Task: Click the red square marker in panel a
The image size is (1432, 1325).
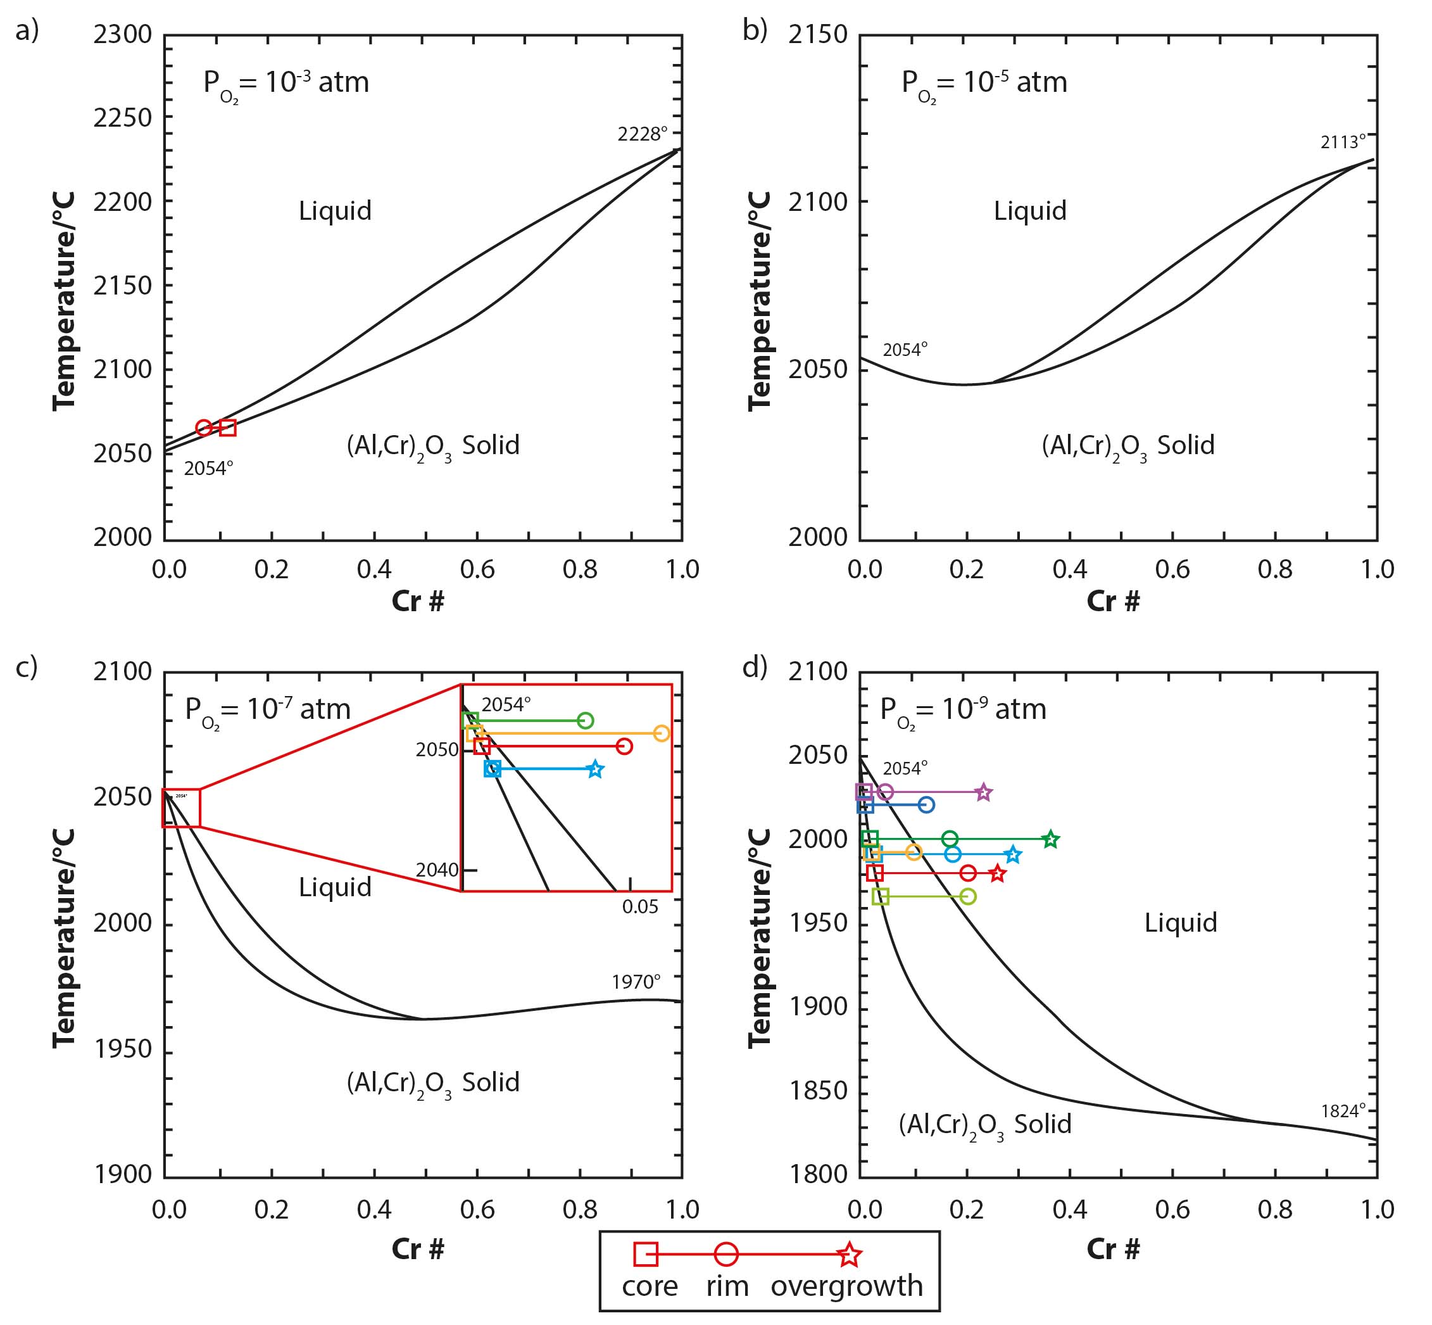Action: coord(228,428)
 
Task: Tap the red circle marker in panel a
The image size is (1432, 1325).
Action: coord(204,428)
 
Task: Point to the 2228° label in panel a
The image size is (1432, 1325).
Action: coord(642,134)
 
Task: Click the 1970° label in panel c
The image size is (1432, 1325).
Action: coord(636,982)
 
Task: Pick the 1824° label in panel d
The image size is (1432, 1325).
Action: coord(1343,1111)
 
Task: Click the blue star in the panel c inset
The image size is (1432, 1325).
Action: coord(595,770)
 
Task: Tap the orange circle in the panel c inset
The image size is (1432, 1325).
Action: coord(662,733)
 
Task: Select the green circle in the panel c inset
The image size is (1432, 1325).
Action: coord(586,720)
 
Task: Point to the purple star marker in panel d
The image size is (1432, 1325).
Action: coord(984,792)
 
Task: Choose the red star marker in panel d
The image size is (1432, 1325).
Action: coord(998,873)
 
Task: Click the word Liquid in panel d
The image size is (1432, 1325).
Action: coord(1181,922)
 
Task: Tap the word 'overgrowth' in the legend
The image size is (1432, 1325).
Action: coord(846,1286)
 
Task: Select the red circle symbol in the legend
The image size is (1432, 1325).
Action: coord(726,1254)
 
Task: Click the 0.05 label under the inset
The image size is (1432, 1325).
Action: coord(640,906)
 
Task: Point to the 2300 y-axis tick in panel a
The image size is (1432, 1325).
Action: coord(123,34)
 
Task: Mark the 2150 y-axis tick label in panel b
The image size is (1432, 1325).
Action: coord(818,34)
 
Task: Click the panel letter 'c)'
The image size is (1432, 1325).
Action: coord(27,666)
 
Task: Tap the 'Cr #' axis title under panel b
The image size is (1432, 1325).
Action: coord(1113,601)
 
